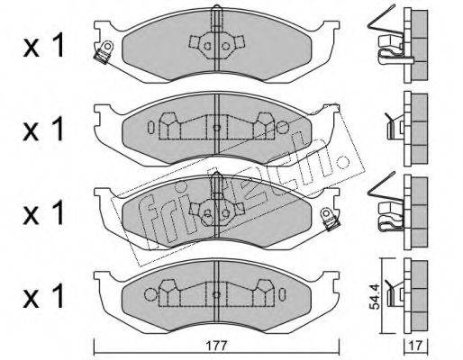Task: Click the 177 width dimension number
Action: (217, 346)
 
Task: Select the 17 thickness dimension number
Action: (416, 346)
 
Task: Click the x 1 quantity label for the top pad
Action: (44, 45)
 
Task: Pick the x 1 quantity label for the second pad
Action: (44, 129)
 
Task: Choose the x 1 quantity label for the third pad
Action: (44, 212)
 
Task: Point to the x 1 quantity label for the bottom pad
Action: (44, 296)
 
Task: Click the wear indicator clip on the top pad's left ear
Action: (104, 52)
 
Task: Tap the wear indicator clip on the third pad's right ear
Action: (330, 220)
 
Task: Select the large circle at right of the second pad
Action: (282, 128)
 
